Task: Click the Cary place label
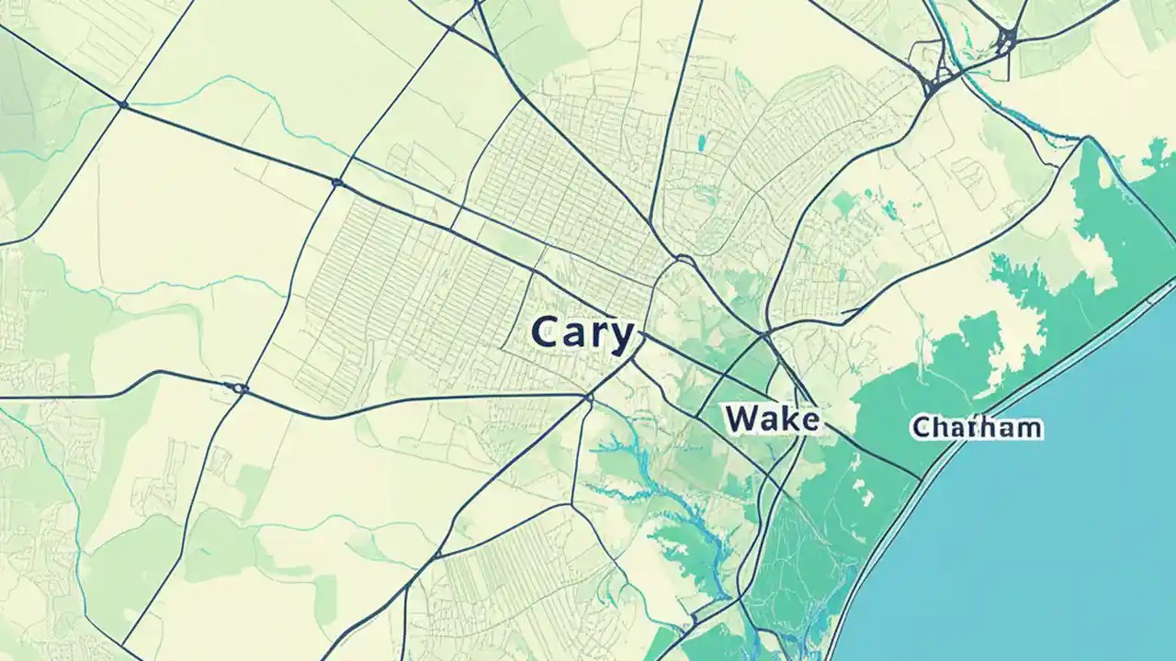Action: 582,334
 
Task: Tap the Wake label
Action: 771,420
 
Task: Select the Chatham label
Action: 976,427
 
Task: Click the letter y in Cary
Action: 621,338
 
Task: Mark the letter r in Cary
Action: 598,336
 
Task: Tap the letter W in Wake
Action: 741,420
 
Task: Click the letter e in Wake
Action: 807,421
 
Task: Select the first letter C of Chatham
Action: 920,427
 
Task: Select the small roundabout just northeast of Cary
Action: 683,260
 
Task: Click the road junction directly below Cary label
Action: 588,398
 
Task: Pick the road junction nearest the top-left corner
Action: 123,105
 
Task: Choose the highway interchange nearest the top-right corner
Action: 1008,39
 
